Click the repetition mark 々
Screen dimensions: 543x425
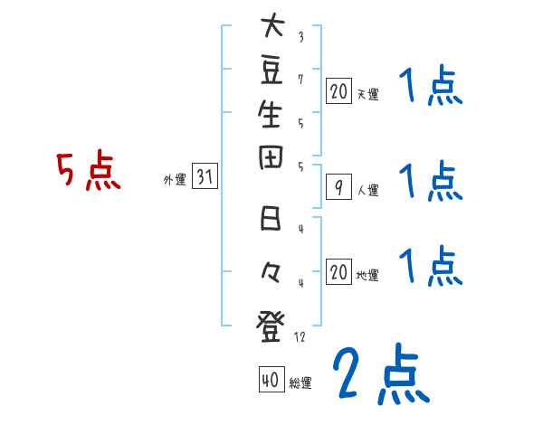269,270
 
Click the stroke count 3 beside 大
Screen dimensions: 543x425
300,37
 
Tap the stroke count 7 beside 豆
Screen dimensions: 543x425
300,80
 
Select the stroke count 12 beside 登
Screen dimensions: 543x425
301,336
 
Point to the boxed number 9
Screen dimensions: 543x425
338,188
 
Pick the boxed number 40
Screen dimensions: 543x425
270,381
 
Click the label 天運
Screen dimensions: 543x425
367,93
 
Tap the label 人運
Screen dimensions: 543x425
367,191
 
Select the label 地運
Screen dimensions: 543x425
367,275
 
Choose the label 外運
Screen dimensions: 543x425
175,180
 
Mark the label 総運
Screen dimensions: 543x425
300,383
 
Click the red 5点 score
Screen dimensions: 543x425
88,171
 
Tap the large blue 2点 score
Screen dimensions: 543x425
380,375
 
